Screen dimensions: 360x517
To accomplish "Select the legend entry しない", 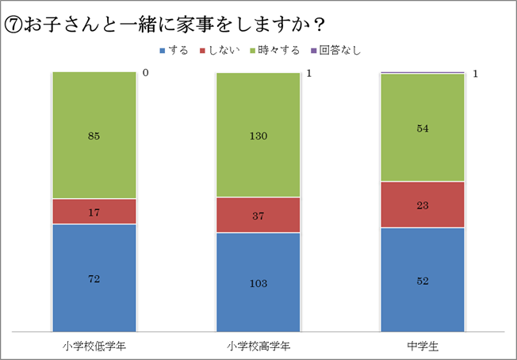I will point(220,51).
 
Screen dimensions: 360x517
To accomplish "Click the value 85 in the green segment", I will point(94,136).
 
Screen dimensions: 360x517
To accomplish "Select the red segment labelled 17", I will point(94,212).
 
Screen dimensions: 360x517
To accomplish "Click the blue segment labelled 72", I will point(94,278).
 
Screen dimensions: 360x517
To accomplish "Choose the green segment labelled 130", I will point(258,136).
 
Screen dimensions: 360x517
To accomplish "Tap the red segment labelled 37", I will point(258,215).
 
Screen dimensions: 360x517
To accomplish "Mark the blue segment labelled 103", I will point(258,283).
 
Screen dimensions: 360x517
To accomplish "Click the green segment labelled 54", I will point(423,128).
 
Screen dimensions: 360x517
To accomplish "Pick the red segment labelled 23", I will point(423,205).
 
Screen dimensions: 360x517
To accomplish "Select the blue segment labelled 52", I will point(423,280).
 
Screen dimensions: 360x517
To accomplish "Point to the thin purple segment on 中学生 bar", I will point(423,72).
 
